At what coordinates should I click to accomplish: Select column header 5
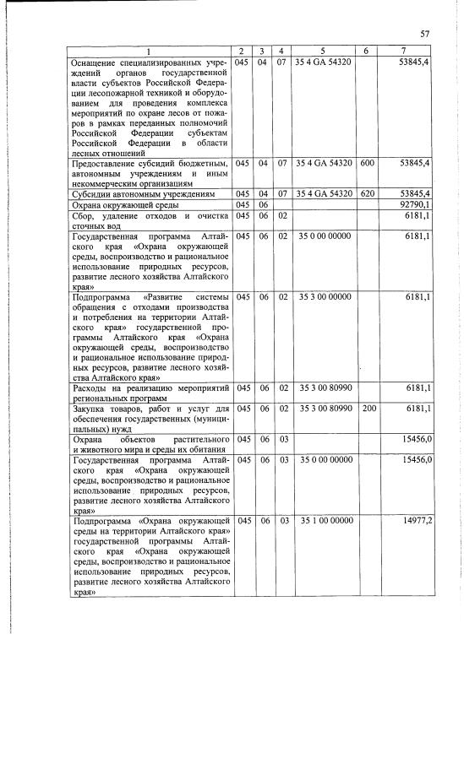pos(322,52)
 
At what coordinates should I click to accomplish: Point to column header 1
pos(148,52)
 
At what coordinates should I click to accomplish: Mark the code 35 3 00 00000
pos(326,296)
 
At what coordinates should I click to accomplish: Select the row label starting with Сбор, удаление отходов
pos(148,220)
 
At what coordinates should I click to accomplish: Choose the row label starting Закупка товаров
pos(148,415)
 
